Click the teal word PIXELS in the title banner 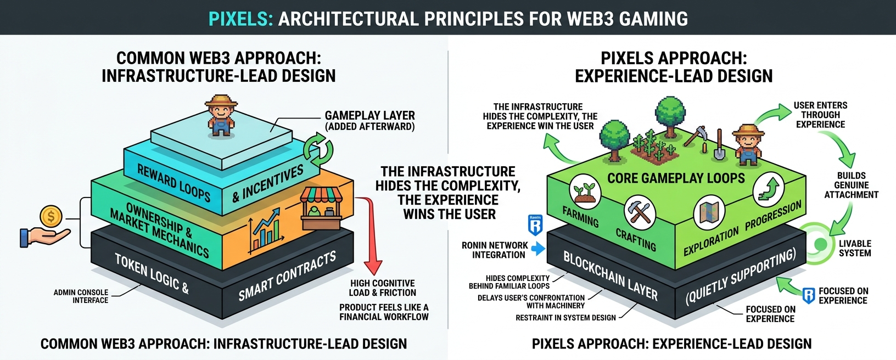240,19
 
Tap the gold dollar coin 51,216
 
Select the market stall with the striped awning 321,208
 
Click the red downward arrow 373,236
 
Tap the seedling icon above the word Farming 585,191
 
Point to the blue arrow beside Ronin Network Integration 537,249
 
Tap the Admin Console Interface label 81,296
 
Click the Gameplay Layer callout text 369,121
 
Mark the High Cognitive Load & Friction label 383,288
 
